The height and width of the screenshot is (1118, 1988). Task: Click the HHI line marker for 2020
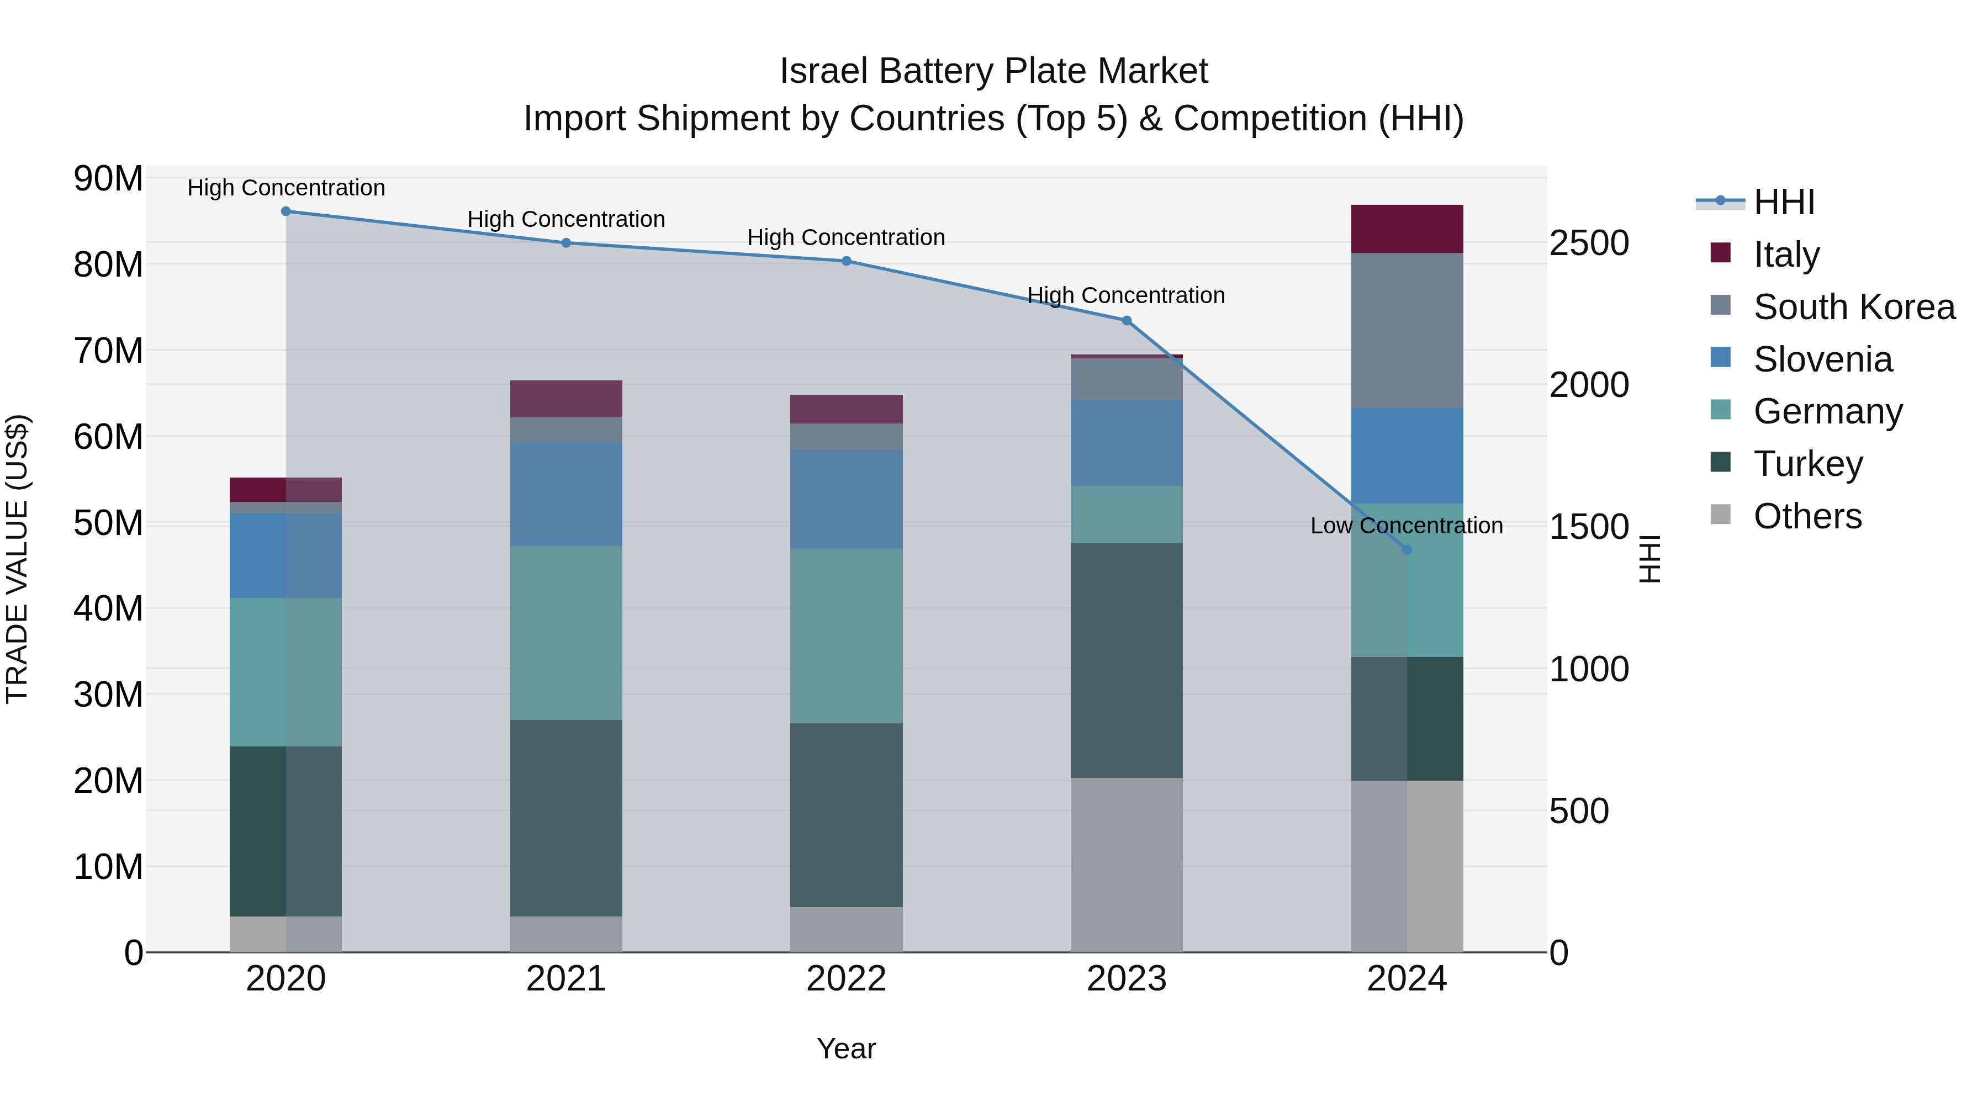[x=285, y=211]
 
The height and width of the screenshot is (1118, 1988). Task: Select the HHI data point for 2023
[x=1126, y=321]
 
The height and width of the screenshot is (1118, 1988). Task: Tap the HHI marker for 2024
[x=1406, y=550]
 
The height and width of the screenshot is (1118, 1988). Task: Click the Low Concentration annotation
[x=1406, y=526]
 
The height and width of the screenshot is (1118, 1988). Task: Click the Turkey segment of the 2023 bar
[x=1126, y=660]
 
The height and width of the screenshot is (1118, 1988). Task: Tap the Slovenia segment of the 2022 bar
[x=846, y=499]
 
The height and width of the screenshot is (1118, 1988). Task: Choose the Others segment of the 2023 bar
[x=1126, y=864]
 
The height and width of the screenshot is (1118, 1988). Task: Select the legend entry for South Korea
[x=1852, y=307]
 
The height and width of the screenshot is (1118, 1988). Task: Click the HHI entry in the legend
[x=1783, y=202]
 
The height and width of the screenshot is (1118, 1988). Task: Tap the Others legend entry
[x=1806, y=516]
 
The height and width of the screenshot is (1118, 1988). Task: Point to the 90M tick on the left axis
[x=108, y=179]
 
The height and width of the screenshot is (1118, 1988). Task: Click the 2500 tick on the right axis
[x=1589, y=243]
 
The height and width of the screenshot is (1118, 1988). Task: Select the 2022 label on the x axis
[x=846, y=979]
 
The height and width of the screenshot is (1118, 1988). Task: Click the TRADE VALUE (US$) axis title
[x=17, y=559]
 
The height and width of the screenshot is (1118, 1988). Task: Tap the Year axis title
[x=846, y=1048]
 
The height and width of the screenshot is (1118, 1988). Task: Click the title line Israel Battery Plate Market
[x=993, y=71]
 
